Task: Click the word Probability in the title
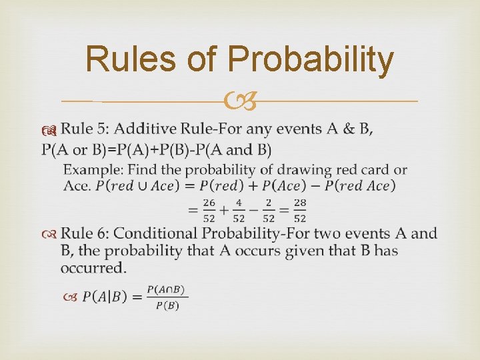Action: pos(311,59)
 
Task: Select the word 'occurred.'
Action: pos(93,268)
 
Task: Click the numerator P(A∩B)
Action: pos(167,289)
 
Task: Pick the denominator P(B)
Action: pos(167,306)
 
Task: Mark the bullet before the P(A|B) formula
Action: pos(72,297)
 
